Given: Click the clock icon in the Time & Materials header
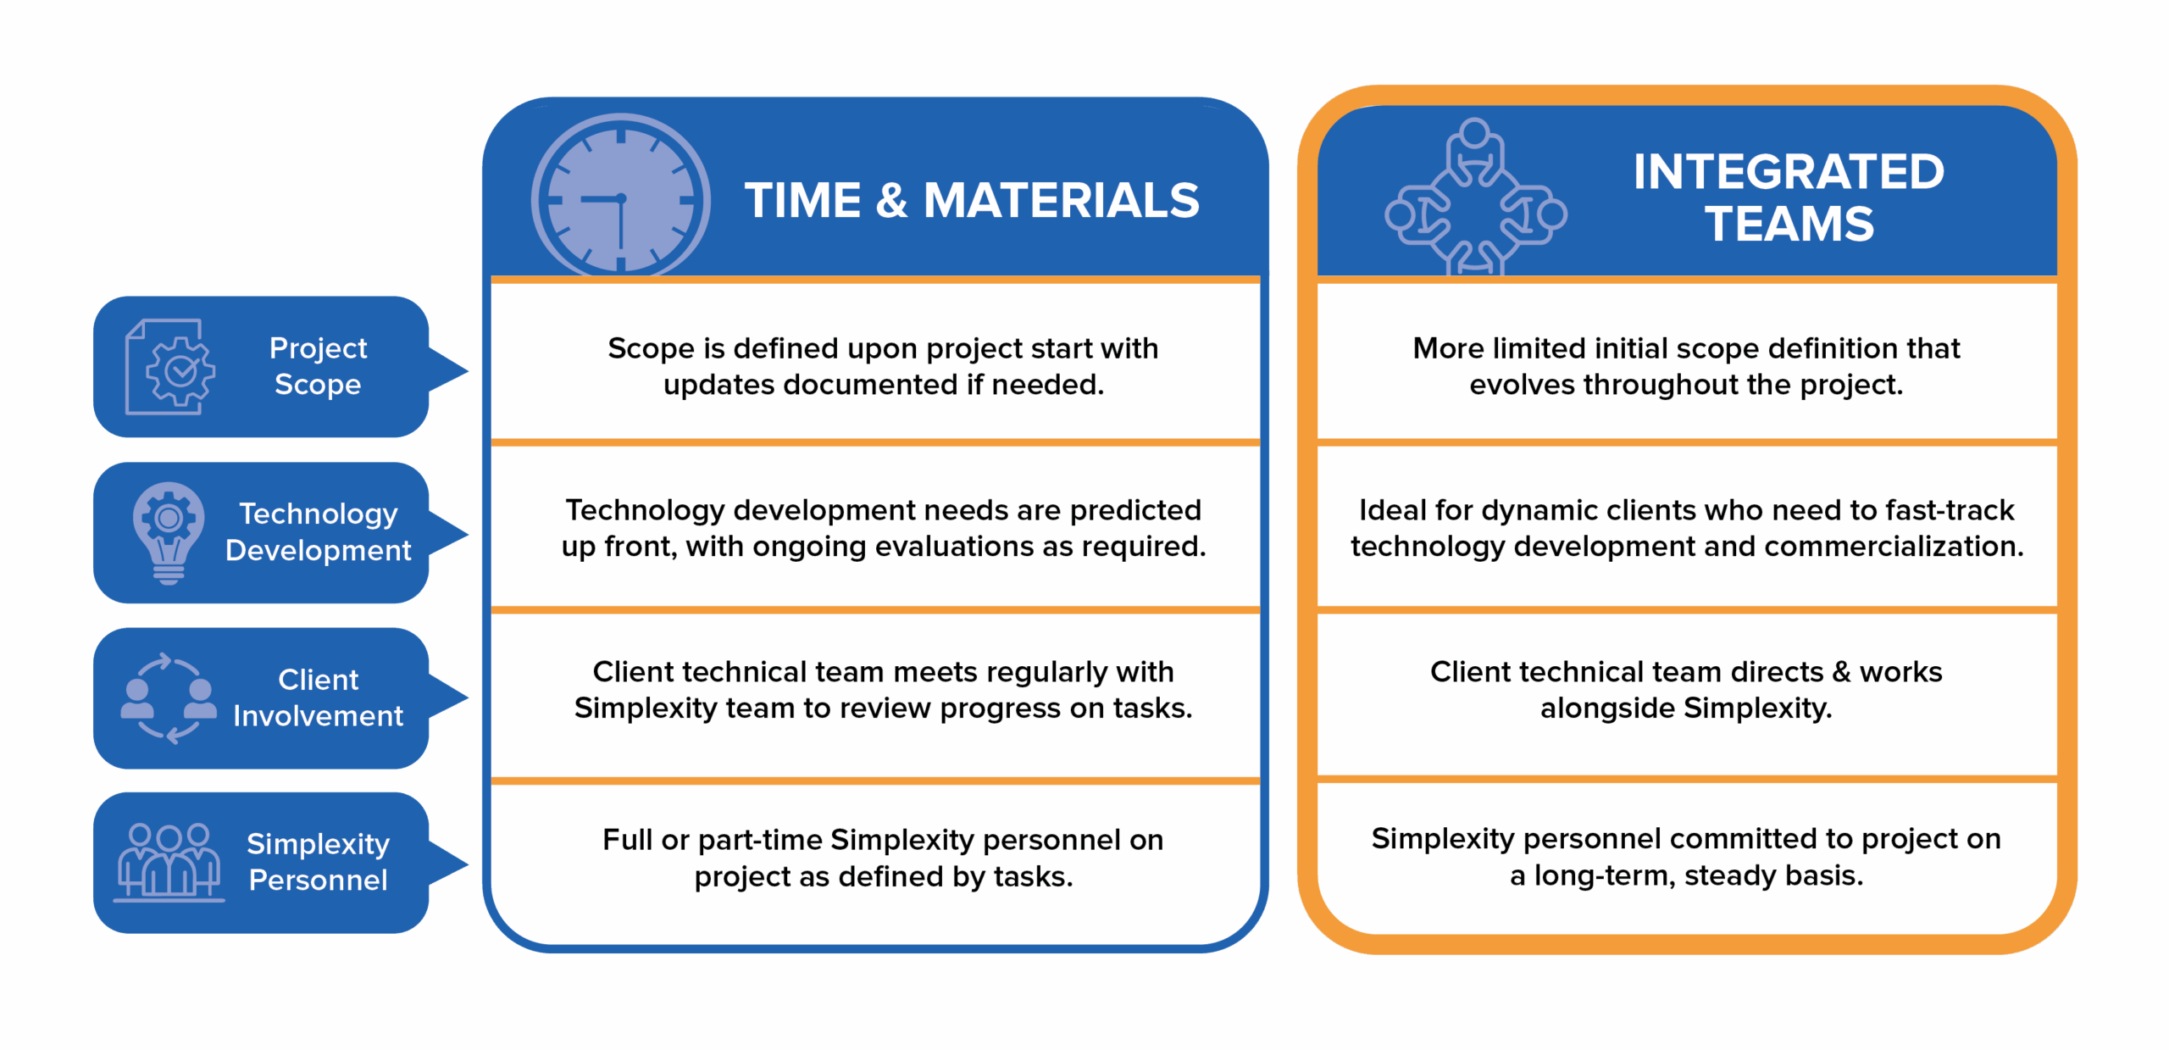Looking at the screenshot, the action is click(620, 197).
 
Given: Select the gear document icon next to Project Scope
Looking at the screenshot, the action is click(169, 366).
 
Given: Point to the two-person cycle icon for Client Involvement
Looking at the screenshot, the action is click(169, 698).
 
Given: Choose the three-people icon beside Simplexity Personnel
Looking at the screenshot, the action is click(169, 862).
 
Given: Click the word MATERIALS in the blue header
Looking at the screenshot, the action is click(1061, 201).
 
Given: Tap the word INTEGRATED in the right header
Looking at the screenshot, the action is click(1789, 172).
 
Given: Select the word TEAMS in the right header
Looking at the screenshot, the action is click(1789, 225).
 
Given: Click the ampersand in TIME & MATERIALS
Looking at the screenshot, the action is click(891, 201).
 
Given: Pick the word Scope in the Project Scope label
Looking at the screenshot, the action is click(318, 385).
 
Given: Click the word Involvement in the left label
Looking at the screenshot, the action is click(318, 716).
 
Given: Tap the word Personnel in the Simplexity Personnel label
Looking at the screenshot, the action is click(318, 881).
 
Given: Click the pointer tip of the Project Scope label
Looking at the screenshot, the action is click(469, 370).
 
